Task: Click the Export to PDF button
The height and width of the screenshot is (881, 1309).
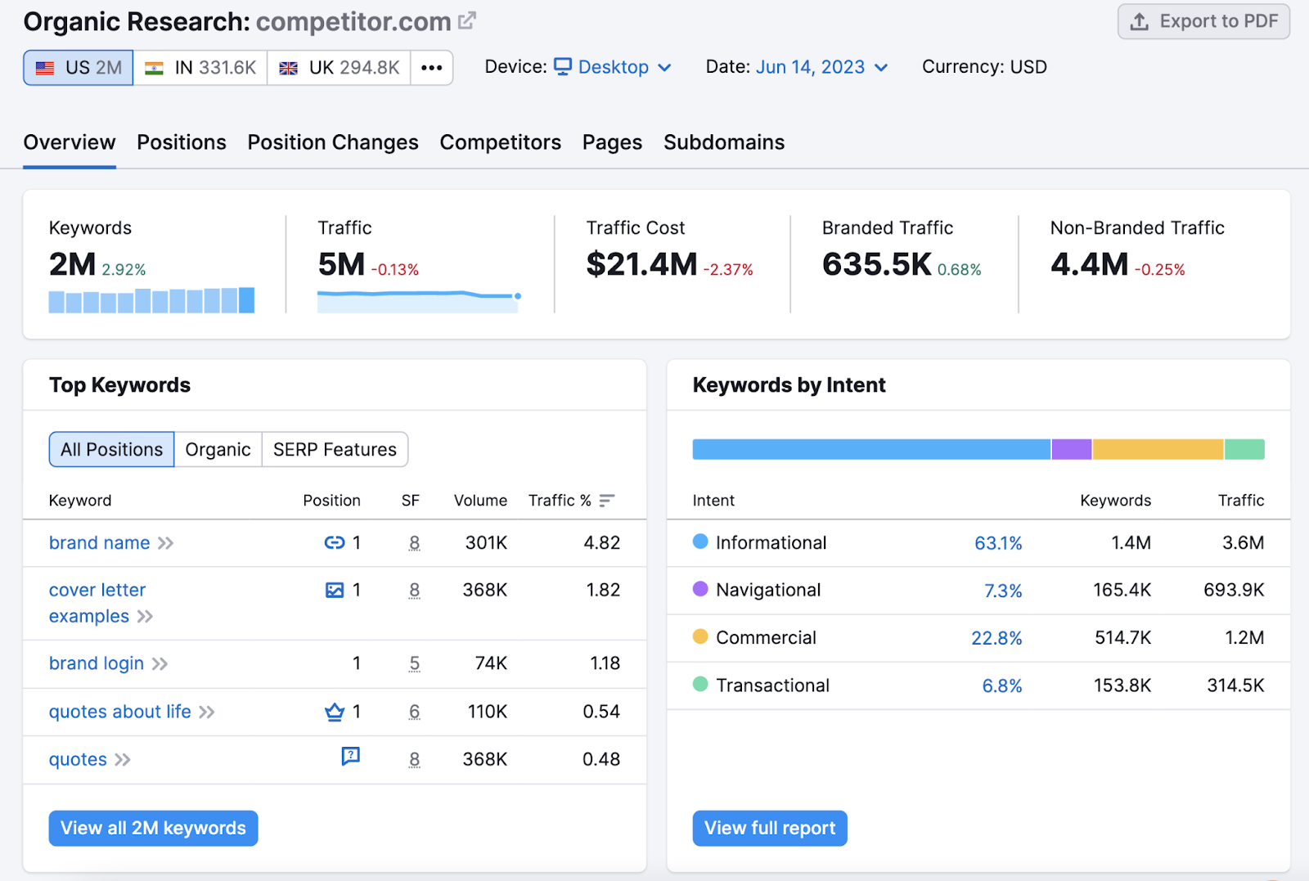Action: tap(1203, 22)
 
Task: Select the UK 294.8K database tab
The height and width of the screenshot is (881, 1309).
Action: tap(339, 68)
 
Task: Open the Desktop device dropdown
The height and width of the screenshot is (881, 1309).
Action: tap(613, 67)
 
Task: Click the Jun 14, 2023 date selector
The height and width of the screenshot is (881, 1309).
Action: tap(821, 67)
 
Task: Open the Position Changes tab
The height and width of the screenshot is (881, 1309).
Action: tap(333, 142)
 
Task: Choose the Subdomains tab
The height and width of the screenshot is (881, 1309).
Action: tap(723, 142)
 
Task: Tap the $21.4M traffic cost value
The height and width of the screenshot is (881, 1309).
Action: tap(641, 265)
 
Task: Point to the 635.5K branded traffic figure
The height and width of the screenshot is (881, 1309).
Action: tap(876, 265)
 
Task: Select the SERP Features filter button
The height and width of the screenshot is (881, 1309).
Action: tap(335, 450)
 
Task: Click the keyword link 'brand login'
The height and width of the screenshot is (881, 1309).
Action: tap(97, 663)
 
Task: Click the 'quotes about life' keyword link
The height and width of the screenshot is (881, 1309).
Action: tap(119, 712)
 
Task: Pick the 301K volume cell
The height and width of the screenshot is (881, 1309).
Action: tap(486, 543)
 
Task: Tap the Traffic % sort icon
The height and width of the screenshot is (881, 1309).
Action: tap(606, 501)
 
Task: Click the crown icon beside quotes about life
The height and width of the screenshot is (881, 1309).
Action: tap(335, 712)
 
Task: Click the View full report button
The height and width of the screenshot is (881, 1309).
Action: tap(769, 828)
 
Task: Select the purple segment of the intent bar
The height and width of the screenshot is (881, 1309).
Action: tap(1071, 449)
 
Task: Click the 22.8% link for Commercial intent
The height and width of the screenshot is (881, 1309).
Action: tap(996, 638)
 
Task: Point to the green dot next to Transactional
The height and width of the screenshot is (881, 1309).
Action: tap(700, 684)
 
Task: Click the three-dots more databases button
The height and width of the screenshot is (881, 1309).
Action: tap(432, 68)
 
